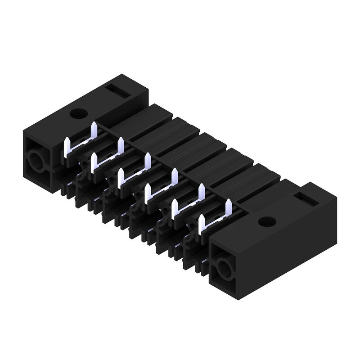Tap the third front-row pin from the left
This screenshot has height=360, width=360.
(120, 178)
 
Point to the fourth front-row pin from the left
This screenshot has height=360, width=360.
(147, 193)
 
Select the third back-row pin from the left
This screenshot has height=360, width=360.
(147, 161)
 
